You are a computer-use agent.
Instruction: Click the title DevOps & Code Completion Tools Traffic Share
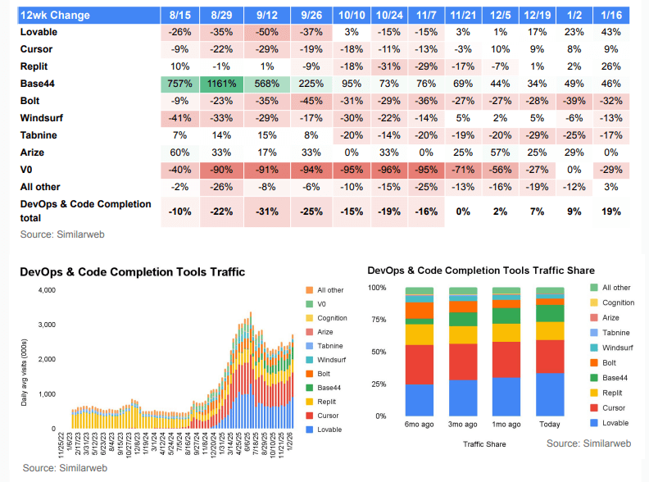pyautogui.click(x=481, y=270)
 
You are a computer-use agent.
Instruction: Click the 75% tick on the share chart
pyautogui.click(x=377, y=320)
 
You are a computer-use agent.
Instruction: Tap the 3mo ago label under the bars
pyautogui.click(x=463, y=425)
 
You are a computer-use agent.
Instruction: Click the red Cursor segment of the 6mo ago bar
pyautogui.click(x=419, y=364)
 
